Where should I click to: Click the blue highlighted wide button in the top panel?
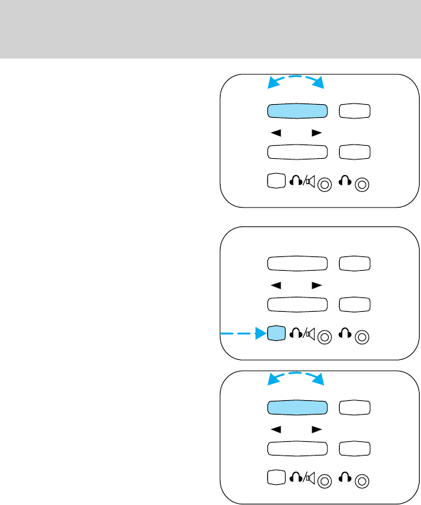(x=296, y=111)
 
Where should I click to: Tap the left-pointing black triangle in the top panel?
(x=276, y=132)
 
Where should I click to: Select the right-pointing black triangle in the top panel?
(x=316, y=132)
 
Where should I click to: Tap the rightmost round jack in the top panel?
(x=363, y=184)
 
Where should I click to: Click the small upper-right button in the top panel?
(x=355, y=111)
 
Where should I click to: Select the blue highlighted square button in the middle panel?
(x=276, y=334)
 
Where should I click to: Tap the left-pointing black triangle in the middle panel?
(x=276, y=284)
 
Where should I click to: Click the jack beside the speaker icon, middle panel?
(x=325, y=336)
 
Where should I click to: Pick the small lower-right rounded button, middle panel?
(x=355, y=304)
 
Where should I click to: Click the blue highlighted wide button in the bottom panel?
(x=296, y=407)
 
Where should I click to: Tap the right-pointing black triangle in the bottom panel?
(x=316, y=428)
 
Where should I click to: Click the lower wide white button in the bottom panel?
(x=296, y=448)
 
